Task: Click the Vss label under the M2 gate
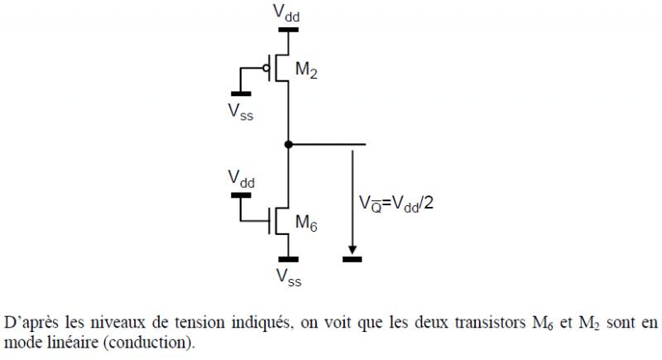pos(242,111)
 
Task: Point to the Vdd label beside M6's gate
pos(241,179)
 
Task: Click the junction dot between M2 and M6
pos(288,145)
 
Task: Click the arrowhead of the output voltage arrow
pos(353,249)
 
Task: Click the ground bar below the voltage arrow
pos(353,260)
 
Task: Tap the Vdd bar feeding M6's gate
pos(241,196)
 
